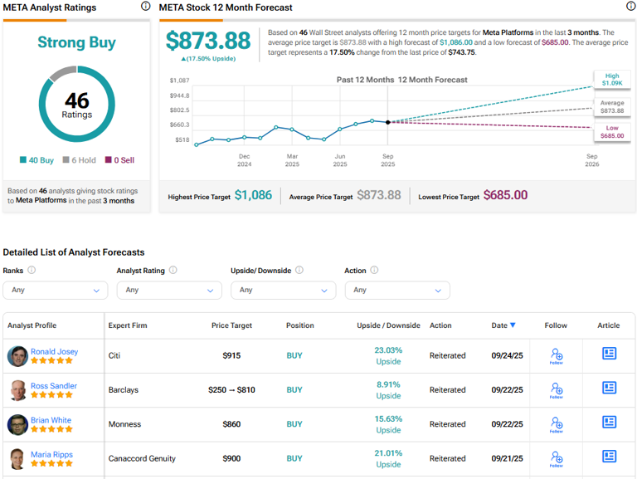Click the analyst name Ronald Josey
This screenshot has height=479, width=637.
coord(54,351)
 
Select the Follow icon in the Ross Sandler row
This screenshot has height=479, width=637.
coord(556,390)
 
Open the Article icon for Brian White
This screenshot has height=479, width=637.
coord(609,423)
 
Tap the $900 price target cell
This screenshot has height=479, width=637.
coord(231,458)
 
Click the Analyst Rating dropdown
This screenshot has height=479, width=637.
coord(169,290)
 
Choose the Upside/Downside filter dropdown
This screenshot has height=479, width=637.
coord(283,290)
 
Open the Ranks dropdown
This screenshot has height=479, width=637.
coord(56,290)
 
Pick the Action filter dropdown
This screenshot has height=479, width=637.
coord(396,290)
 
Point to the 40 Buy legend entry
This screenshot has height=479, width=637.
coord(36,160)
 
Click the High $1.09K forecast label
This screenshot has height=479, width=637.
coord(611,79)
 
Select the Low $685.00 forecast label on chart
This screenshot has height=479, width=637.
coord(611,132)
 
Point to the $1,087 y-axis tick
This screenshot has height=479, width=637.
coord(179,81)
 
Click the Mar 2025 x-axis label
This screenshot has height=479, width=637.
coord(292,160)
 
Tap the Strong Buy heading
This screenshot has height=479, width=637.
coord(76,42)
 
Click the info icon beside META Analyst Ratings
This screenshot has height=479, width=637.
coord(146,7)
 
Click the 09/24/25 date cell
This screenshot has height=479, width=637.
coord(507,355)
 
